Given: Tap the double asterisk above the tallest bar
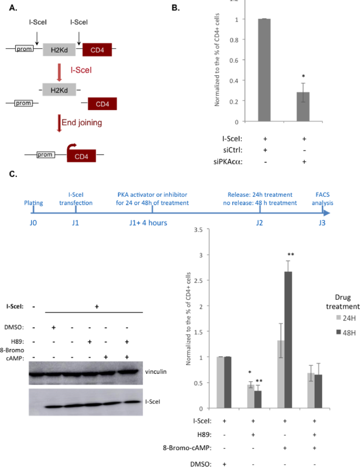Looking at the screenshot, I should tap(290, 255).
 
